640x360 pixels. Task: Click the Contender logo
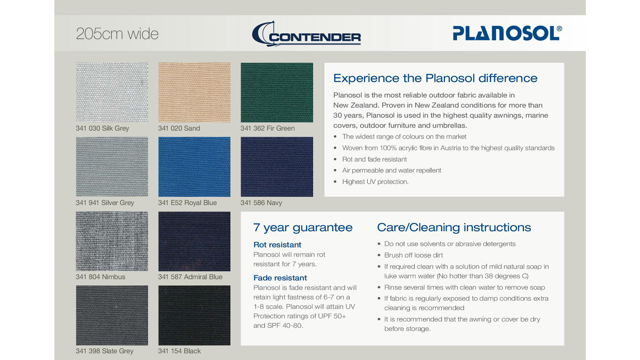pos(306,34)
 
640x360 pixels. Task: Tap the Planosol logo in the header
pos(507,33)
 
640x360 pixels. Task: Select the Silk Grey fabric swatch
pos(112,92)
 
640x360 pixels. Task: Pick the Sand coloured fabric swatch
pos(194,92)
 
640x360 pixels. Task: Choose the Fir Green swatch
pos(277,92)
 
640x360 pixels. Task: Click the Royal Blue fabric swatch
pos(194,167)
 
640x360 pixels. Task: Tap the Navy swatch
pos(277,167)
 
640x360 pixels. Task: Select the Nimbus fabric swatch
pos(112,241)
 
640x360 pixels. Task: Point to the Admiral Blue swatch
pos(194,241)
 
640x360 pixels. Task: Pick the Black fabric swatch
pos(194,316)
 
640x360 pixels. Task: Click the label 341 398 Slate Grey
pos(105,351)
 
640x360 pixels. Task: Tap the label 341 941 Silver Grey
pos(105,203)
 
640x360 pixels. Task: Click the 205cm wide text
pos(117,34)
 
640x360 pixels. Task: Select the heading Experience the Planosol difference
pos(436,78)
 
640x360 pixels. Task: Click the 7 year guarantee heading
pos(303,228)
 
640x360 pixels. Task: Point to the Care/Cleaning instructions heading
pos(454,227)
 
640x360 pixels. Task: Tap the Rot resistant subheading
pos(277,244)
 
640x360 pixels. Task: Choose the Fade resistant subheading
pos(280,278)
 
